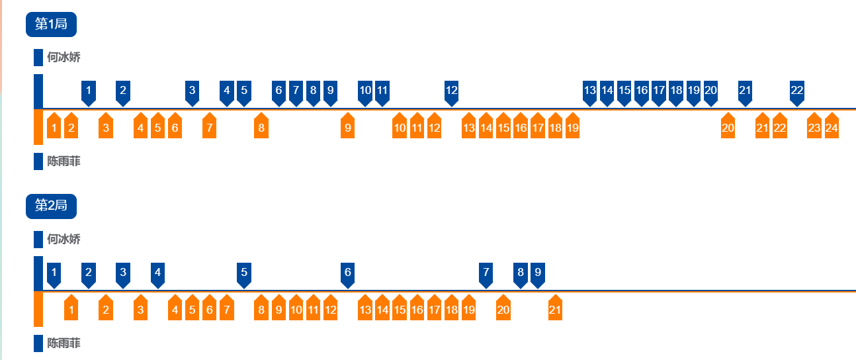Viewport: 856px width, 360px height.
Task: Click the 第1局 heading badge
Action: [51, 24]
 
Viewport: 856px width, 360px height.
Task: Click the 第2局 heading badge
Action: [51, 206]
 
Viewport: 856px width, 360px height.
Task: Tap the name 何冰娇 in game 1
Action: [64, 58]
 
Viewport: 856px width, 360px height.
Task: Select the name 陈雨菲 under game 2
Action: [64, 343]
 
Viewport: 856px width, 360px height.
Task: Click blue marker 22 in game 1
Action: [797, 91]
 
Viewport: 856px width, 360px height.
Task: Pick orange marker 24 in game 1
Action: [832, 127]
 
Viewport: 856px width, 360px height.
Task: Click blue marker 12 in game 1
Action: [451, 91]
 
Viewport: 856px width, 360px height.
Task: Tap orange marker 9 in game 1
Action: [347, 127]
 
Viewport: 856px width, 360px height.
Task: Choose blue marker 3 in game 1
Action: [192, 91]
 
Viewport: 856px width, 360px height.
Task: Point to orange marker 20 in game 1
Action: [728, 127]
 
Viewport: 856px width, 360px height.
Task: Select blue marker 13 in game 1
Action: [589, 91]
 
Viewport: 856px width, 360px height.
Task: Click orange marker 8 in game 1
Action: [261, 127]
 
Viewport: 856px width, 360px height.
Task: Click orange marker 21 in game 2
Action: [555, 309]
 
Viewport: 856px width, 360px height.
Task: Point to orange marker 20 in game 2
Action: [503, 309]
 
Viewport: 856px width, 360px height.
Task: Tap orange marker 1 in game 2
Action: [71, 309]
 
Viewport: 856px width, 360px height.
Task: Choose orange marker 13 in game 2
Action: [364, 309]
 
